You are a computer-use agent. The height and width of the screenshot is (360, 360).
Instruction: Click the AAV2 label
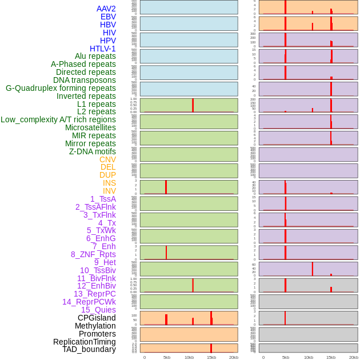coord(106,9)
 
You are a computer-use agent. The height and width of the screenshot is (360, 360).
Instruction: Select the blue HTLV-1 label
coord(102,49)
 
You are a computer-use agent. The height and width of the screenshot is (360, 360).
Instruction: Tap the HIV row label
coord(109,33)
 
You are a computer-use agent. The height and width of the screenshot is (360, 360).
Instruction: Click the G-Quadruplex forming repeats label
coord(61,88)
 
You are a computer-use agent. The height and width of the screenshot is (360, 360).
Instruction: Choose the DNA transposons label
coord(85,80)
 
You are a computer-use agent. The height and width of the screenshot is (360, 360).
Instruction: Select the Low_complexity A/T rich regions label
coord(58,119)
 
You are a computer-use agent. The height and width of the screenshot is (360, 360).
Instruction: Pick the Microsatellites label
coord(90,127)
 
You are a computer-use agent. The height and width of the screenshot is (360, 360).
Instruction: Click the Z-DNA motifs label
coord(93,151)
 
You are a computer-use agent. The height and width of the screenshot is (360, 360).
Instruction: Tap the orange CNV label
coord(107,159)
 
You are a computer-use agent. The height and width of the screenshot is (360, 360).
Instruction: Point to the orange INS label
coord(109,183)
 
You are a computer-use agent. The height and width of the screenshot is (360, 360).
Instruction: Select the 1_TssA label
coord(103,199)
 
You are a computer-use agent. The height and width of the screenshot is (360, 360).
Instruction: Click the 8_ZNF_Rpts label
coord(93,254)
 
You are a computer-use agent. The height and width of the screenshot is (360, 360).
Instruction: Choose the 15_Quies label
coord(98,310)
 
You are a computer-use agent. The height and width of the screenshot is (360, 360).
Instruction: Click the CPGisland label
coord(97,318)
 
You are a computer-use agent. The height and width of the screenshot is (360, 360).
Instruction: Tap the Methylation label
coord(95,326)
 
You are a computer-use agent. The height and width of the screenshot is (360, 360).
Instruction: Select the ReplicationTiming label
coord(85,342)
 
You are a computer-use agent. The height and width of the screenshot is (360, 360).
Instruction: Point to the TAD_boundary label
coord(89,349)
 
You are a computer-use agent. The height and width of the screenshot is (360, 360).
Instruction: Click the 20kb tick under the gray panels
coord(353,357)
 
